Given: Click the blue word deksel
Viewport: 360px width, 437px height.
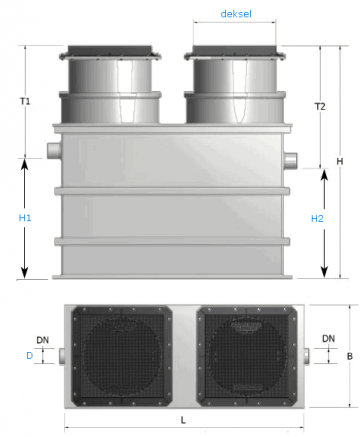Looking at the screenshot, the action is tap(236, 14).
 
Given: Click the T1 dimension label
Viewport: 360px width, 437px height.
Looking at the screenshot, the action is tap(25, 101).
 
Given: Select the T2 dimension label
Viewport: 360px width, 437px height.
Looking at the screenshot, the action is tap(320, 107).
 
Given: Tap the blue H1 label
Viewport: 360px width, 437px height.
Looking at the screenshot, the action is tap(25, 218).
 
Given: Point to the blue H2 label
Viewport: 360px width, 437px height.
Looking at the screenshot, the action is tap(317, 219).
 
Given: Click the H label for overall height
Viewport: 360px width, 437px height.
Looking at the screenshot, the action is tap(340, 162).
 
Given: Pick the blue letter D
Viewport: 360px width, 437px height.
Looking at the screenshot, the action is tap(30, 356).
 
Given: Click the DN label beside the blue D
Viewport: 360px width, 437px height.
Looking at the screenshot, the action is tap(43, 340).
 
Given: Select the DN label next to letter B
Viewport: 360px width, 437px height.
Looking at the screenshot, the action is tap(328, 339).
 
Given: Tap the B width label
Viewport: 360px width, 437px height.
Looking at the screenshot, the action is tap(350, 356).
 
